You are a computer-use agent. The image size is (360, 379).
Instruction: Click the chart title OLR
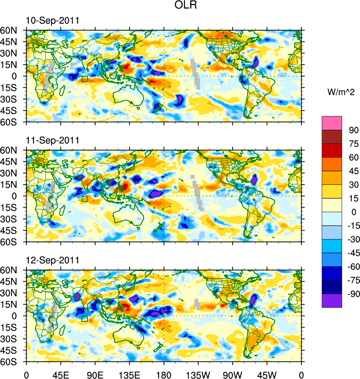click(186, 6)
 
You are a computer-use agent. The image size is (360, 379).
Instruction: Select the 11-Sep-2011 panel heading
click(52, 141)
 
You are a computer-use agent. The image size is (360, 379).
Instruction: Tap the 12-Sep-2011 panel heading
click(52, 260)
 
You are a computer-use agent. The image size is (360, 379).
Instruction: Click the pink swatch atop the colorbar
click(332, 123)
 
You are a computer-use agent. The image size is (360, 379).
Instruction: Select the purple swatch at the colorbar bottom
click(332, 300)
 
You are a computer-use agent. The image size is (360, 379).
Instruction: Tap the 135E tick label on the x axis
click(129, 374)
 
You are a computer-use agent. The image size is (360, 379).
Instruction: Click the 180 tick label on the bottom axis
click(164, 374)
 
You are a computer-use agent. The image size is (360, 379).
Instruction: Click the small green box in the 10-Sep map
click(84, 79)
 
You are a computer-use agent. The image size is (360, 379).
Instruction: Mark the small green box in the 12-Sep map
click(84, 319)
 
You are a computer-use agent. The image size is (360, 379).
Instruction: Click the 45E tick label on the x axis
click(61, 374)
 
